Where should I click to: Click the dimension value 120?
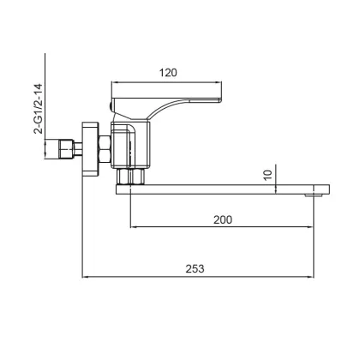pyautogui.click(x=168, y=73)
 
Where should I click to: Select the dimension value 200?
pyautogui.click(x=223, y=219)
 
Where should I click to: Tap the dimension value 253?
pyautogui.click(x=195, y=269)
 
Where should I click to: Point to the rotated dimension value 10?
pyautogui.click(x=267, y=175)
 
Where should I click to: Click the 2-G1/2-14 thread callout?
pyautogui.click(x=38, y=109)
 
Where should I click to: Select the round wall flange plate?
pyautogui.click(x=90, y=149)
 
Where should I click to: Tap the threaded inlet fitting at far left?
pyautogui.click(x=66, y=149)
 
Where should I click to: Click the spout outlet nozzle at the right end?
pyautogui.click(x=313, y=195)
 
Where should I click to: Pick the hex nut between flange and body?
pyautogui.click(x=105, y=149)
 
